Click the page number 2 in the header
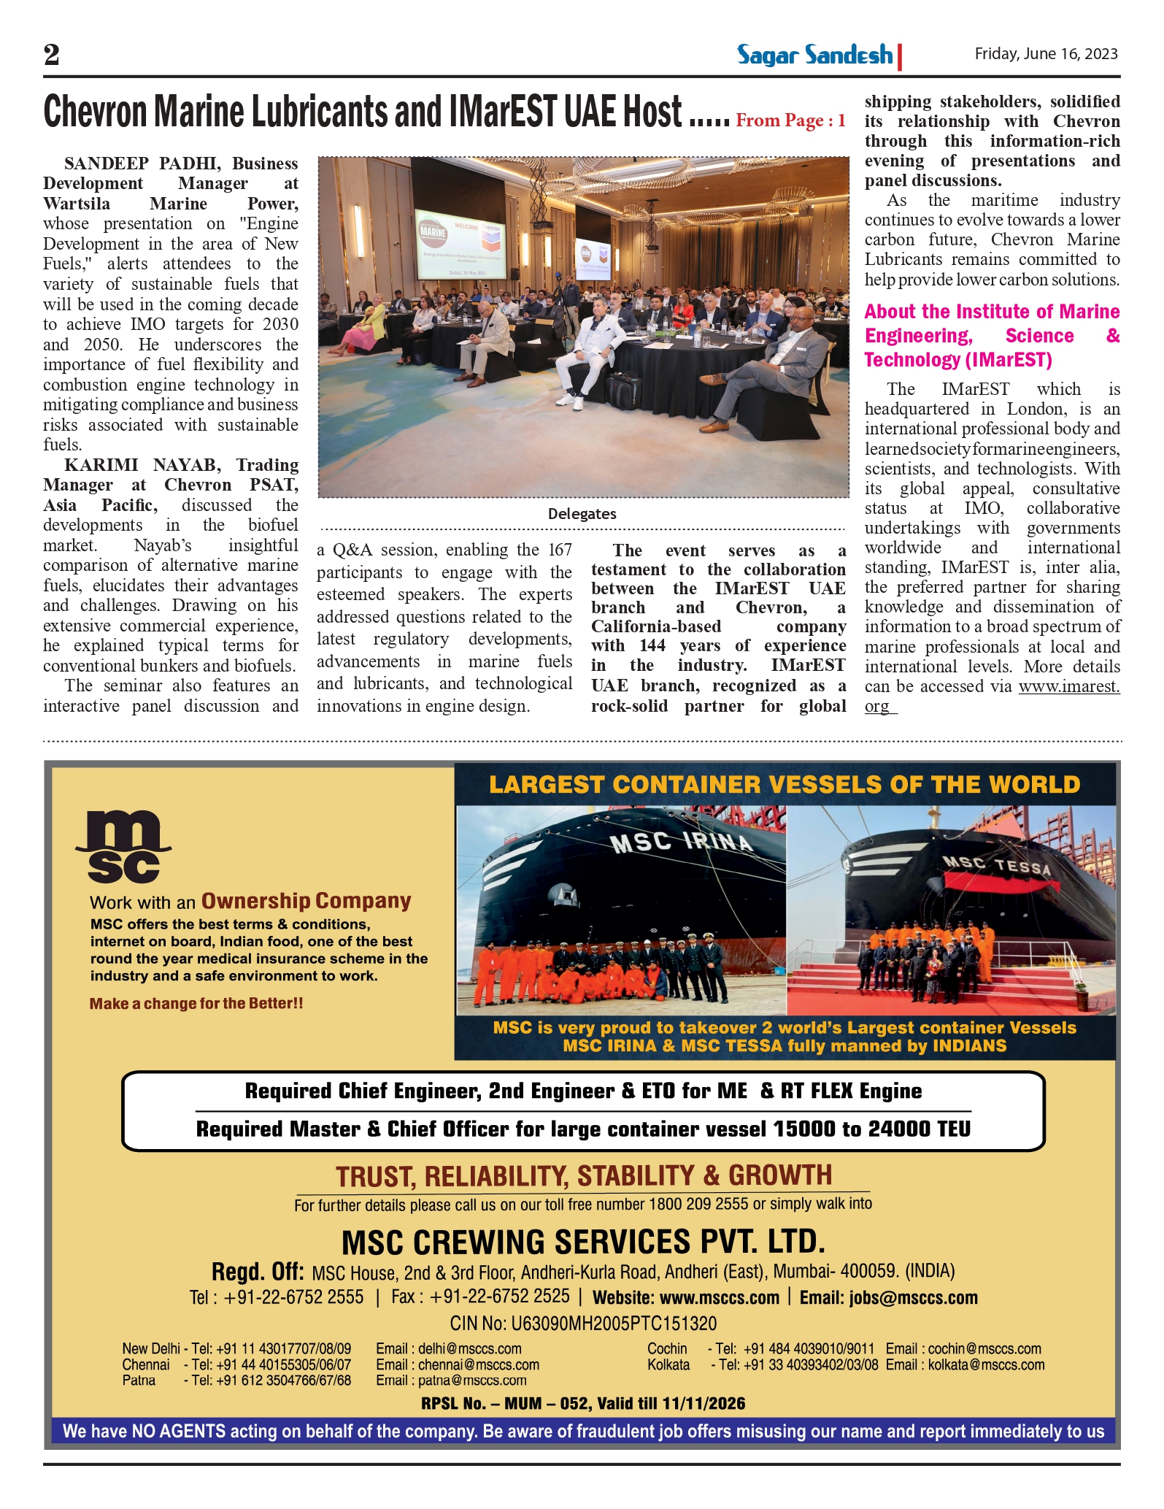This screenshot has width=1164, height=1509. coord(52,55)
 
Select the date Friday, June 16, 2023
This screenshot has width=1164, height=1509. coord(1046,54)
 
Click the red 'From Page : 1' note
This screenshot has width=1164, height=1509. coord(790,120)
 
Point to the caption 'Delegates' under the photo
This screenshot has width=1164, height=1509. coord(582,514)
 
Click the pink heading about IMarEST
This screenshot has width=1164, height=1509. coord(992,336)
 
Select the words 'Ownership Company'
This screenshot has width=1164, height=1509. coord(306,901)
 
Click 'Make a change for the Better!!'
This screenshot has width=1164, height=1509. coord(196,1004)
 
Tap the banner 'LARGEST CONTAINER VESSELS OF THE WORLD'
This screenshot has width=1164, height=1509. coord(785,785)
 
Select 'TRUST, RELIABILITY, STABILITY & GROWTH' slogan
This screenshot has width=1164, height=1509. coord(583,1176)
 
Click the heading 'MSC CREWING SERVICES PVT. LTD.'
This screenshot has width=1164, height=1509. coord(583,1242)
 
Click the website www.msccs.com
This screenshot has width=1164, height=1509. coord(719,1297)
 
